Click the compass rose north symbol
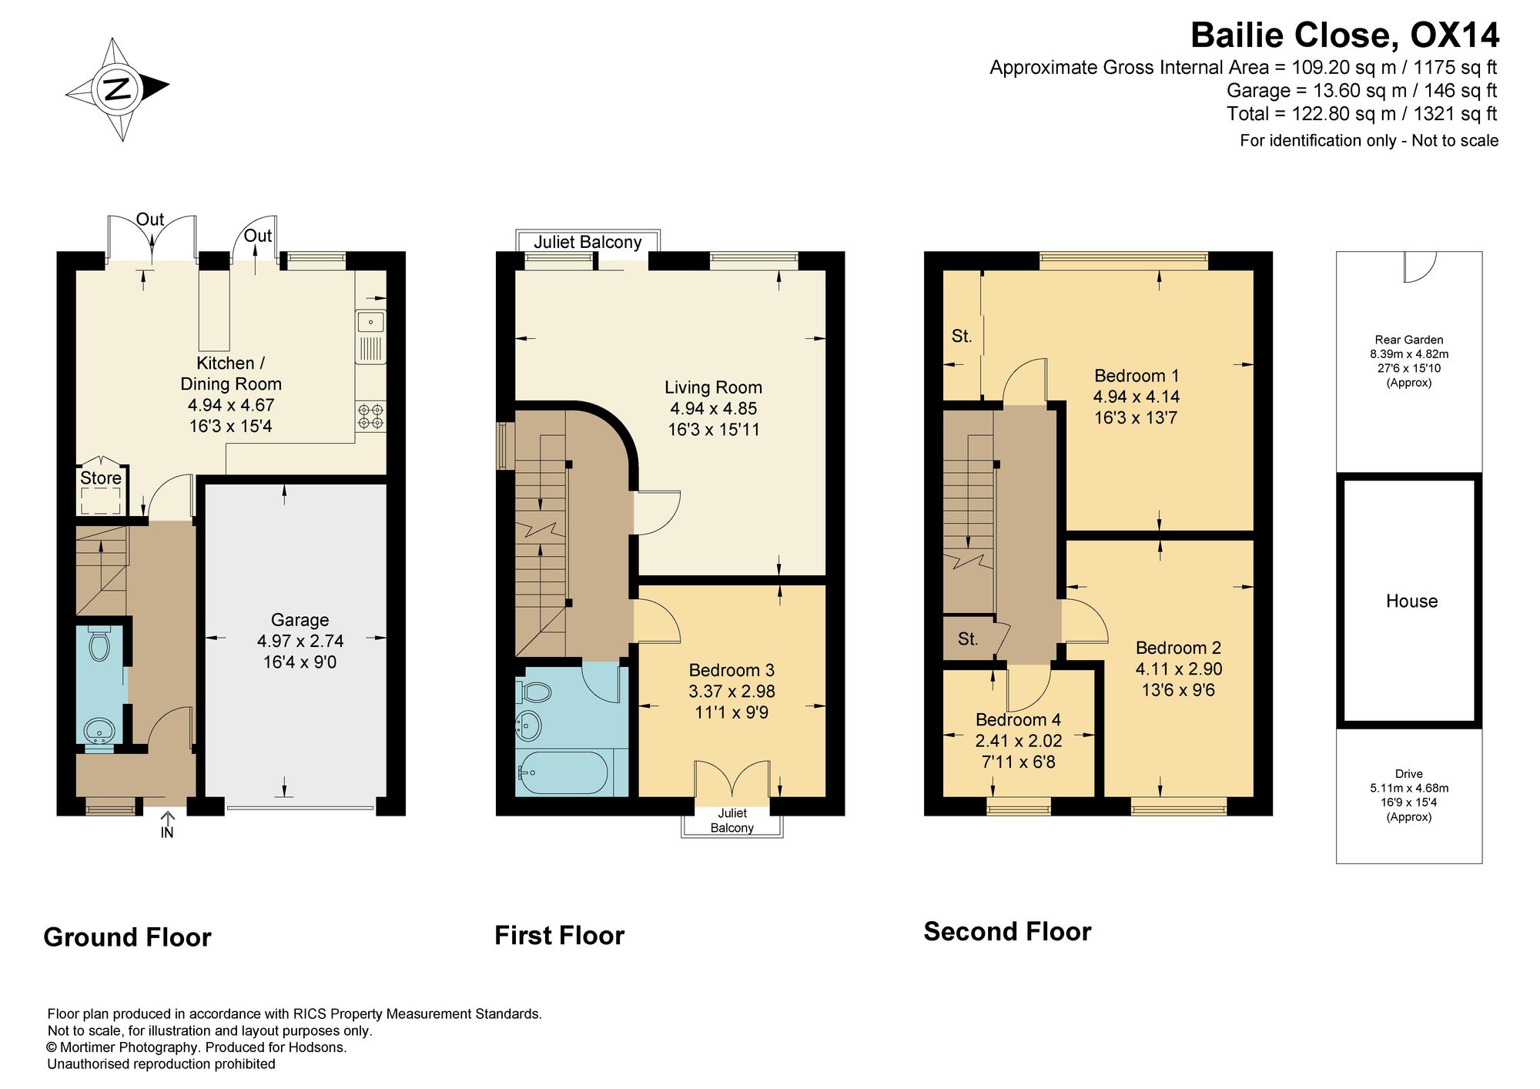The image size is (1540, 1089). tap(117, 89)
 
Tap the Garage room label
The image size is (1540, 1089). tap(300, 620)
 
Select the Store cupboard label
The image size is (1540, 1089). tap(101, 478)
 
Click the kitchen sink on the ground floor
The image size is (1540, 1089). tap(370, 337)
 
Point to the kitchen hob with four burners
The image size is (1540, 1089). tap(370, 416)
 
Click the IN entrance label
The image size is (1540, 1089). tap(167, 832)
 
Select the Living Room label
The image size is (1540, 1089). tap(714, 387)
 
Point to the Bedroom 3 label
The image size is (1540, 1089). tap(731, 670)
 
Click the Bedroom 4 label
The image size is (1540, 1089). tap(1018, 720)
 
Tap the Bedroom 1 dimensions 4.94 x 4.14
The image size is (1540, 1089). tap(1137, 397)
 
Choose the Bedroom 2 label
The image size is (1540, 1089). tap(1178, 648)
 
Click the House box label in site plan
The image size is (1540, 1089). tap(1411, 601)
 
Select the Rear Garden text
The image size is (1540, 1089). tap(1409, 340)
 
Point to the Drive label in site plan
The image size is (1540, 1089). tap(1409, 774)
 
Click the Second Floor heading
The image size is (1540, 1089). tap(1007, 932)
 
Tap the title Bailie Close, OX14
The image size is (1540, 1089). tap(1344, 35)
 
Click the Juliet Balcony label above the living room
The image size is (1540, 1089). tap(588, 242)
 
